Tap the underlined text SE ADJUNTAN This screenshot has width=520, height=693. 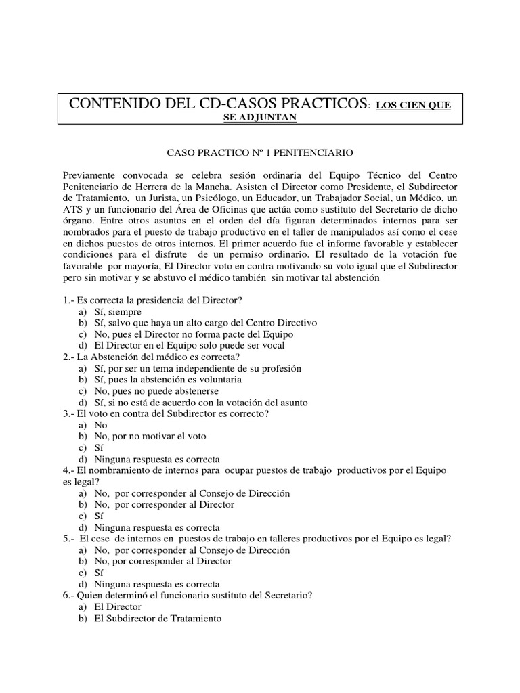click(259, 117)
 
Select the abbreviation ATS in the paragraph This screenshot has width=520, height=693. click(72, 208)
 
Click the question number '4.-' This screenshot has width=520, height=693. click(70, 470)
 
